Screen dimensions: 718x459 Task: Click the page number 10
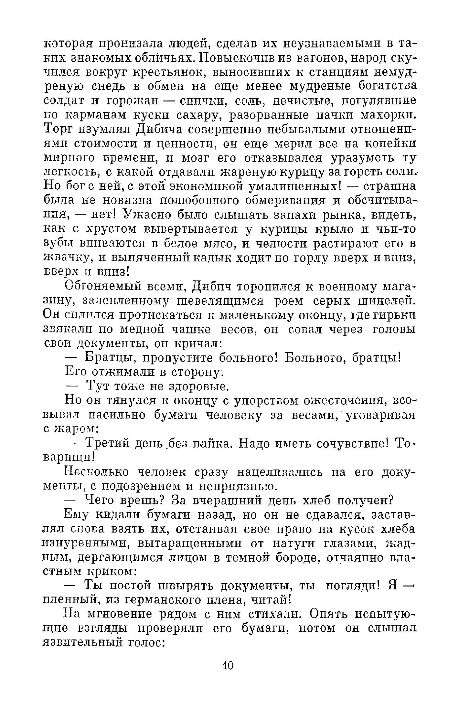228,665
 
